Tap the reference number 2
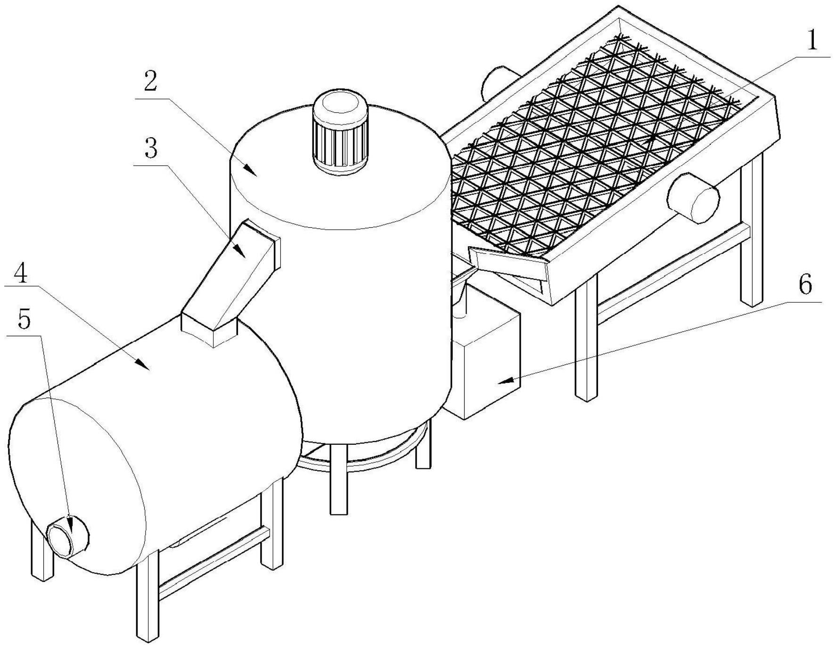point(150,82)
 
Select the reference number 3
point(150,149)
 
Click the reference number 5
point(24,319)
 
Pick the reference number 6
point(805,285)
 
